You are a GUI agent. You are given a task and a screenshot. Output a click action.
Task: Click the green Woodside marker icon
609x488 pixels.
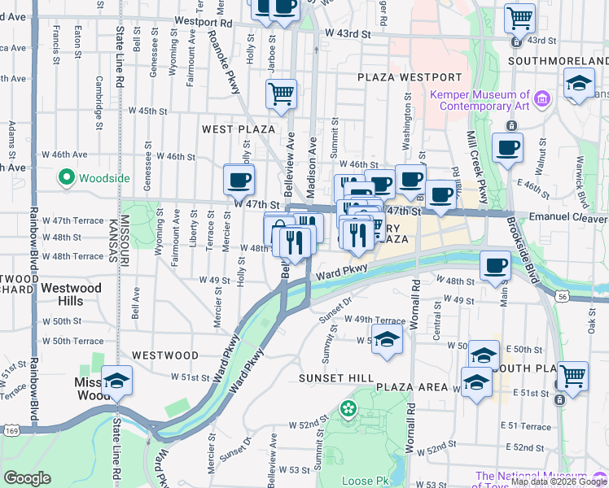pos(65,176)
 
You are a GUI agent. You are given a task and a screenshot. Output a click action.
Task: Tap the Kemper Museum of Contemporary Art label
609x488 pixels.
pos(480,100)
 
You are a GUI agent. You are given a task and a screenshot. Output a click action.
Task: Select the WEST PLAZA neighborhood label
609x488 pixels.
pos(239,129)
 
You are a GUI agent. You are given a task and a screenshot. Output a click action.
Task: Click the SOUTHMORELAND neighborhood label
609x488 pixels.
pos(558,61)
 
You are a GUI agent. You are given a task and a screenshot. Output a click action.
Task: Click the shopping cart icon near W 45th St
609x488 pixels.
pos(281,94)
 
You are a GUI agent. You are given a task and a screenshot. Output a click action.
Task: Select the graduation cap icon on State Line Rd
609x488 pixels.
pos(117,381)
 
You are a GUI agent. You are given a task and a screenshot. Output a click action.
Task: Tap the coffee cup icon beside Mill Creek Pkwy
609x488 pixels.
pos(507,149)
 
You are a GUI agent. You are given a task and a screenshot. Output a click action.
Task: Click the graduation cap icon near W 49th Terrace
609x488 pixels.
pos(387,339)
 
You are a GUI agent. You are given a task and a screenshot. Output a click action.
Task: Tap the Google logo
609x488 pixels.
pos(27,479)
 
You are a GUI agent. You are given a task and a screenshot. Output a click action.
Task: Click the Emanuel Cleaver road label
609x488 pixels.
pos(568,218)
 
